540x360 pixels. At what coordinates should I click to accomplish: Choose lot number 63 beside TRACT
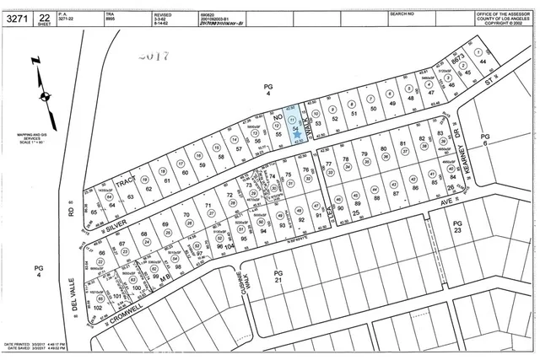pyautogui.click(x=130, y=196)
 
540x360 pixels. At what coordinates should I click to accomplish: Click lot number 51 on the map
pyautogui.click(x=354, y=112)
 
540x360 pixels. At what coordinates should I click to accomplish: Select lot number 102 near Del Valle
pyautogui.click(x=98, y=308)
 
